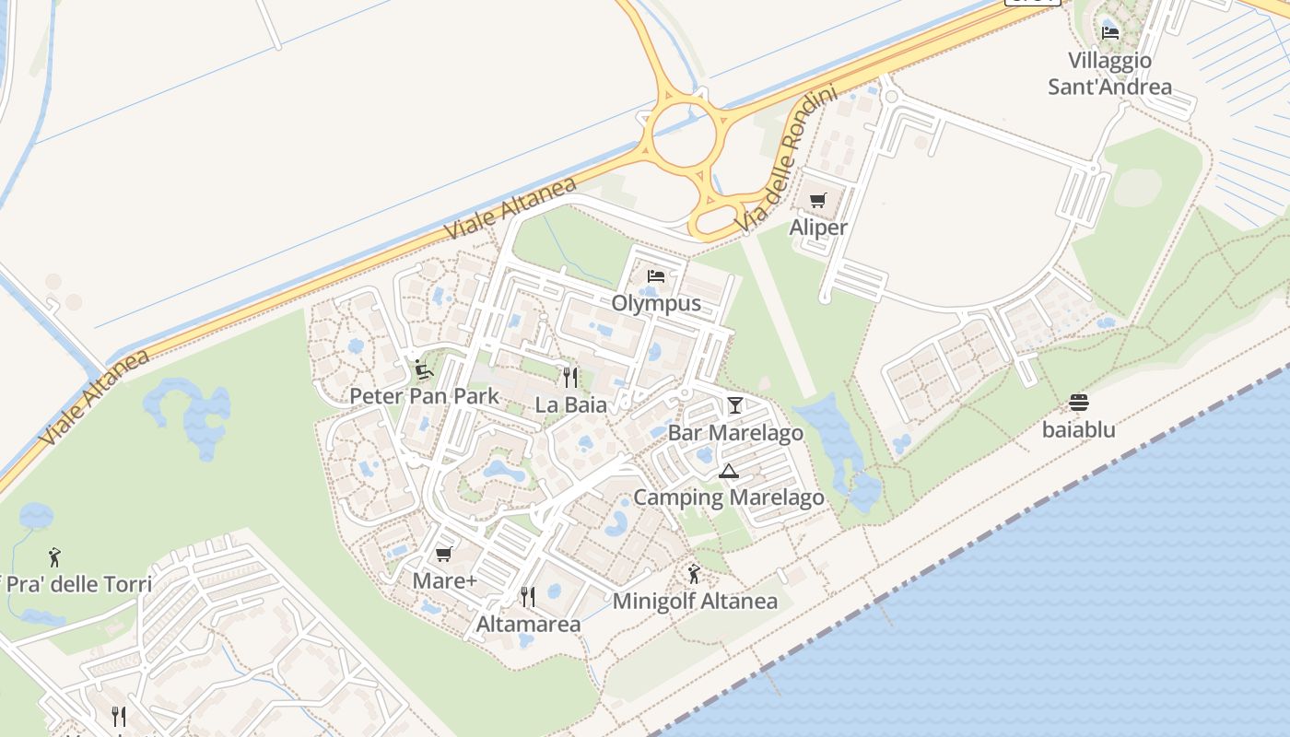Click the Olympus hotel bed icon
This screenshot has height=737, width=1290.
pos(656,275)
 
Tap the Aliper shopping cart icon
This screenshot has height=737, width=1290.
pos(817,200)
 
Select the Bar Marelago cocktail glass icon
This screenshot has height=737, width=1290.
pos(734,404)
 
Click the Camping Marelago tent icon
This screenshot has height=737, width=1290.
pos(729,472)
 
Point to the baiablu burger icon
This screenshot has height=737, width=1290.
pos(1079,403)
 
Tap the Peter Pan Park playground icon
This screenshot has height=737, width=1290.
pos(424,369)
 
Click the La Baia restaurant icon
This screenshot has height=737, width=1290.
pos(570,377)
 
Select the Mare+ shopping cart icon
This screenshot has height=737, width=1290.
pos(443,554)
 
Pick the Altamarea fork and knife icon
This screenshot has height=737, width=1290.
pos(528,597)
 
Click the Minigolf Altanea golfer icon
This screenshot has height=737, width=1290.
pos(695,575)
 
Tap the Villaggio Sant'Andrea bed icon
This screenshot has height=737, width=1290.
pos(1110,32)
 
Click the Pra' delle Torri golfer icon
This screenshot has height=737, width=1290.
pos(54,557)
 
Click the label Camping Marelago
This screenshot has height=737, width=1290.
pos(729,498)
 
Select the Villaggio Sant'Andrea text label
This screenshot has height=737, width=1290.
pos(1110,74)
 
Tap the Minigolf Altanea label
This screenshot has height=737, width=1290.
pos(696,602)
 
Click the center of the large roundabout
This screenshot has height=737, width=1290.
pos(684,133)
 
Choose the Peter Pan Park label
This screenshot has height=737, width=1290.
pos(424,396)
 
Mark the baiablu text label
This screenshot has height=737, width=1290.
pos(1079,429)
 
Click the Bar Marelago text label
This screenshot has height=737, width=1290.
pos(735,433)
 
